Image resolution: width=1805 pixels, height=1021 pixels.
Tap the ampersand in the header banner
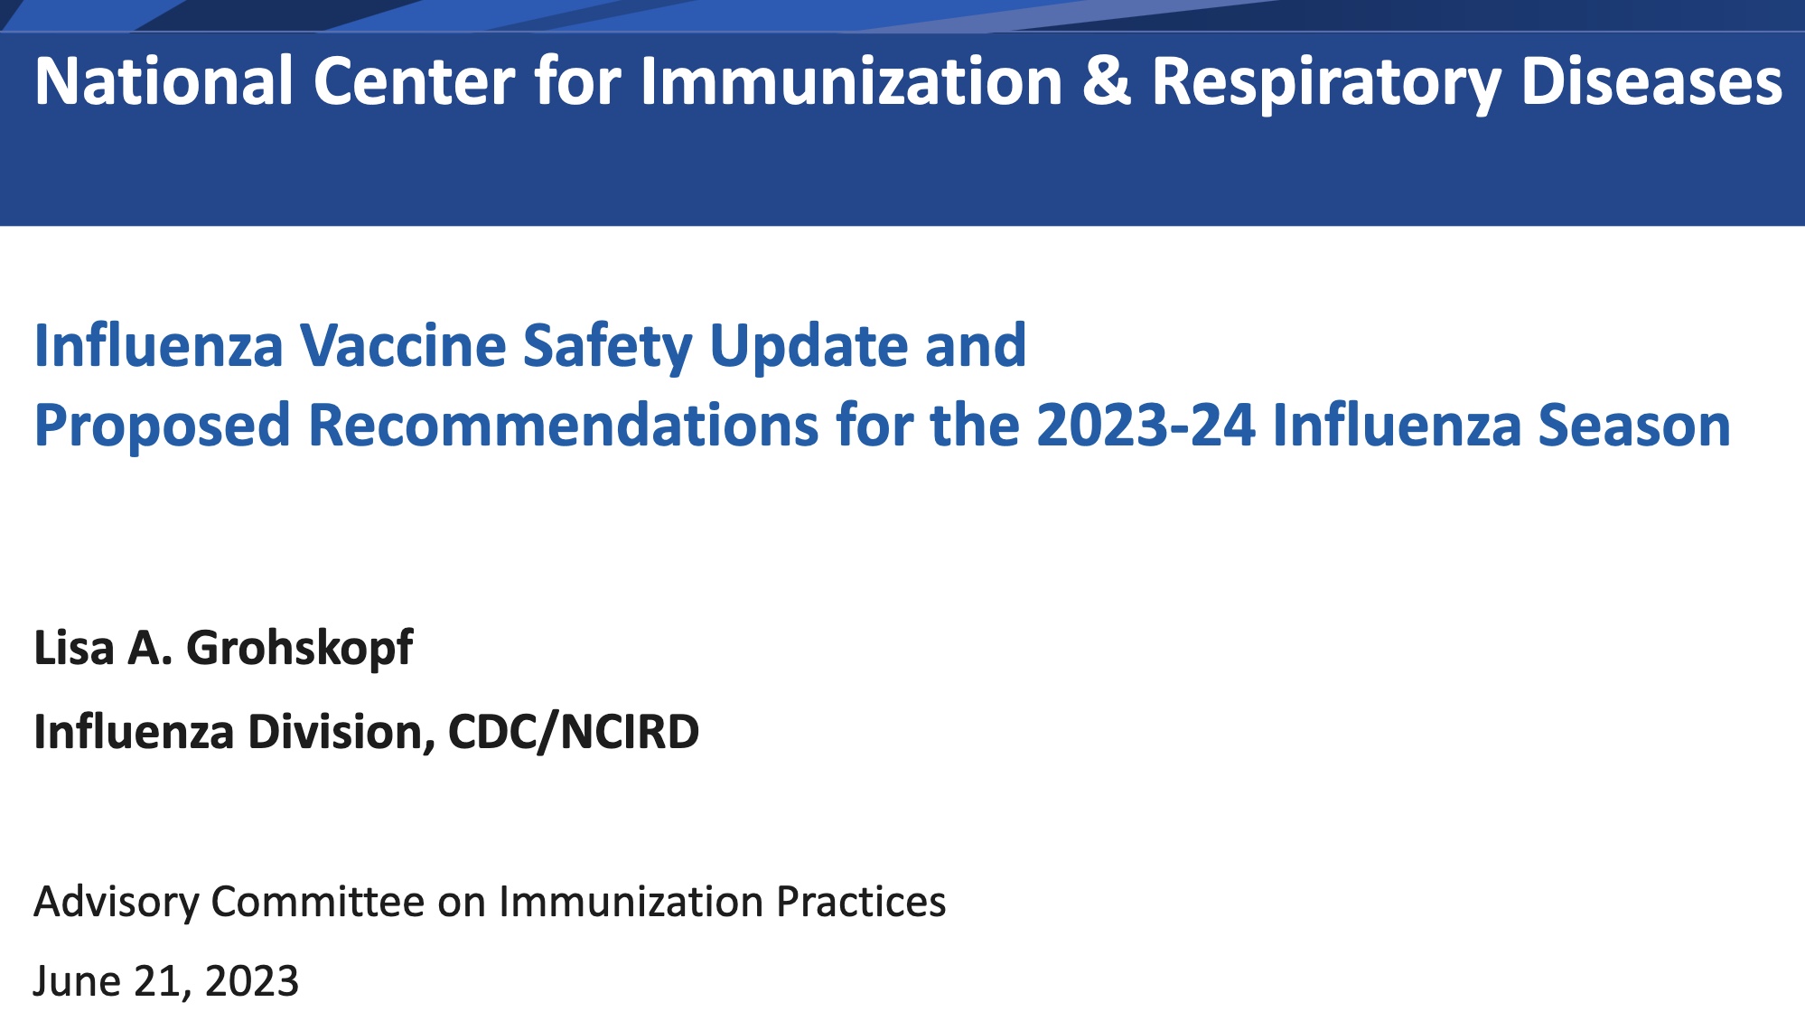(x=1106, y=81)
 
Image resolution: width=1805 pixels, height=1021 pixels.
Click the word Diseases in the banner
(x=1652, y=81)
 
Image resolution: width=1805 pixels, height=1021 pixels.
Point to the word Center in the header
(x=415, y=81)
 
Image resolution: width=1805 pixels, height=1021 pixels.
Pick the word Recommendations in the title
(x=564, y=425)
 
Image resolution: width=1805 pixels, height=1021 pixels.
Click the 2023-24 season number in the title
(x=1146, y=425)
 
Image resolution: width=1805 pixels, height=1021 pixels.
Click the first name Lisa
(x=74, y=648)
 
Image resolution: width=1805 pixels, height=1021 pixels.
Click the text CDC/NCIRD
(x=574, y=733)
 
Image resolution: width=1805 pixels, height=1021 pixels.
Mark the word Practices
(x=861, y=902)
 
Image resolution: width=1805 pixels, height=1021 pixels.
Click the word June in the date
(x=78, y=981)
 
